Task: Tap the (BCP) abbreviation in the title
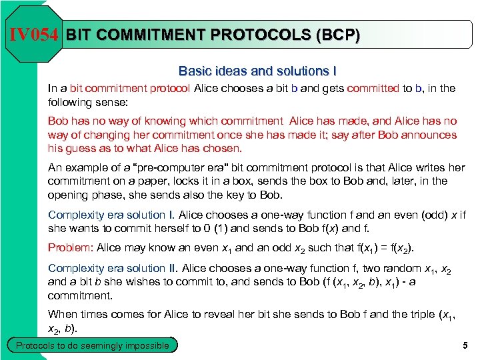point(333,35)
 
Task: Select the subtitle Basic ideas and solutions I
point(253,71)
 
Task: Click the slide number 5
point(465,345)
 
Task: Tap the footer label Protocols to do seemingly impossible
point(93,345)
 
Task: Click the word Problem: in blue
point(71,248)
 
